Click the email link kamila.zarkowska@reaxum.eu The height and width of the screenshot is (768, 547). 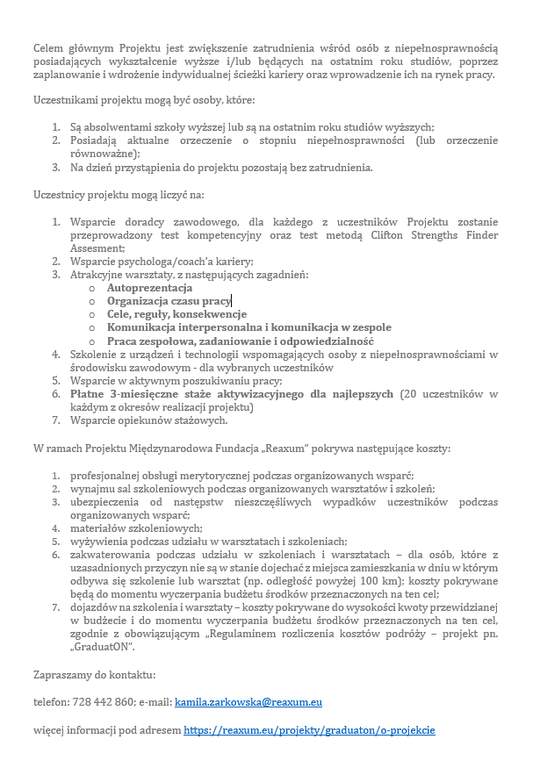[248, 702]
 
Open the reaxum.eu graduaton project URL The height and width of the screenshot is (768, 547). [309, 730]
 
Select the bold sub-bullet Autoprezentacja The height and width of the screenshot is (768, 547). [149, 288]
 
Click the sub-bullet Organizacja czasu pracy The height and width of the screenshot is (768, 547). [169, 301]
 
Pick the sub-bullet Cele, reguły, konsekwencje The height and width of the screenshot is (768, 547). [176, 314]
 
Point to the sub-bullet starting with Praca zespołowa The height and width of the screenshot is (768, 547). [240, 341]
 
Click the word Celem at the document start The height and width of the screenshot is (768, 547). [50, 47]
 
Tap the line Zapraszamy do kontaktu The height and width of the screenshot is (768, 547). [94, 675]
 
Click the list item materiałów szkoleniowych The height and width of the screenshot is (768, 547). [136, 528]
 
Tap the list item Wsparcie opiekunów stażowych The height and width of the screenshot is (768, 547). [148, 420]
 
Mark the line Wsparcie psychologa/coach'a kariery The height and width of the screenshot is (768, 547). [162, 262]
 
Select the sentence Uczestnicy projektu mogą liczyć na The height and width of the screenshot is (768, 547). [119, 195]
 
